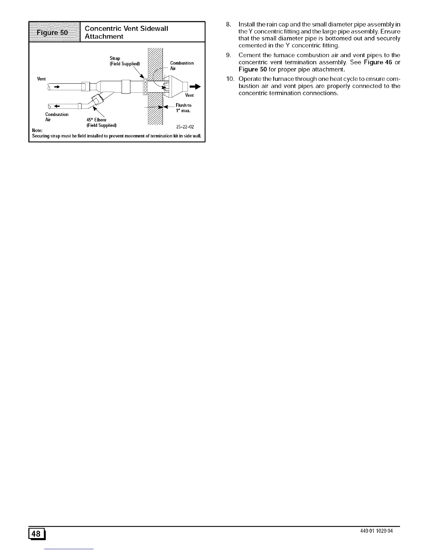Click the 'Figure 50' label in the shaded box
point(54,32)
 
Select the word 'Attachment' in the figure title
point(104,37)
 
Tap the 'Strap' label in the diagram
point(115,58)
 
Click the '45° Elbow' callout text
point(96,120)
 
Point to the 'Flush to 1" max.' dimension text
point(183,108)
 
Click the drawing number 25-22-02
point(185,127)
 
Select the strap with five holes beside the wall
point(145,86)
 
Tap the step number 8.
point(228,24)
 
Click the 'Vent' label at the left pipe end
point(41,79)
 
